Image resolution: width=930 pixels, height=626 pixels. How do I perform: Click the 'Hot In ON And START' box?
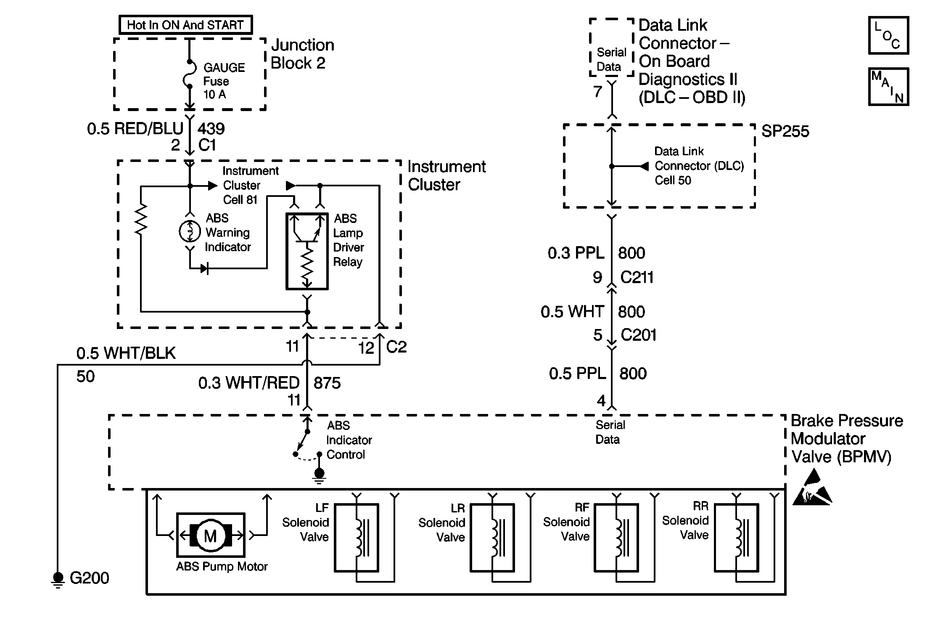click(x=185, y=25)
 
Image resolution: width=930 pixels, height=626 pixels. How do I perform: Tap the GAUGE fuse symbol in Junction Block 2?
click(x=190, y=75)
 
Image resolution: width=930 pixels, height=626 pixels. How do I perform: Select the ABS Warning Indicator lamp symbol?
click(x=190, y=231)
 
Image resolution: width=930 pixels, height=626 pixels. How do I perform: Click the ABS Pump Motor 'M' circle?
click(x=210, y=536)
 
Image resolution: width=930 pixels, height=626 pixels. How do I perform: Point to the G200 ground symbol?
click(x=58, y=579)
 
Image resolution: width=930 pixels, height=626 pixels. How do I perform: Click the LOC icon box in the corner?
click(x=888, y=36)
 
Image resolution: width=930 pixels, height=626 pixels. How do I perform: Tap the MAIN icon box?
click(x=888, y=87)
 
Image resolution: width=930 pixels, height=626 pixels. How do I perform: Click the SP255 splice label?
click(x=785, y=131)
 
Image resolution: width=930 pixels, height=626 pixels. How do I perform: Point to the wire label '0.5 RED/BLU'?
click(x=135, y=129)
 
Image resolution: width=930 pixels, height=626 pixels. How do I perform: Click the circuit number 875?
click(x=327, y=383)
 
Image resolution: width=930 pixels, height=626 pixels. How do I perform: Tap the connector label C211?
click(x=637, y=278)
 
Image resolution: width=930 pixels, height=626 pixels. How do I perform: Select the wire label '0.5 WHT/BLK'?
click(x=126, y=353)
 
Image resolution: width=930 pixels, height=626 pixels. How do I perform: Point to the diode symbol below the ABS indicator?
click(x=205, y=268)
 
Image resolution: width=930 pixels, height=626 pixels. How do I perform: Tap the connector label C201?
click(x=638, y=335)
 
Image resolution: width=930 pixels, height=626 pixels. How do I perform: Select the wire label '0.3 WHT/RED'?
click(x=248, y=383)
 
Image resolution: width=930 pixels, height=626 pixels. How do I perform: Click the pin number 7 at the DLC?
click(x=597, y=92)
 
